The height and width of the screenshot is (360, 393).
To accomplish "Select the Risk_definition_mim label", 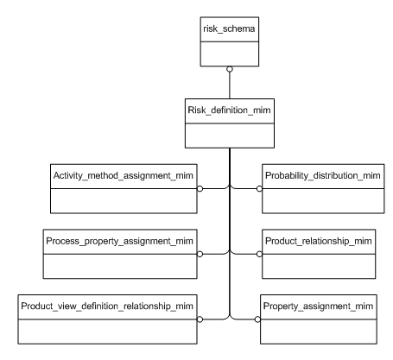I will click(x=229, y=112).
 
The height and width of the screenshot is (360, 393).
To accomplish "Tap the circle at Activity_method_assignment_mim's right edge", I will click(x=200, y=187).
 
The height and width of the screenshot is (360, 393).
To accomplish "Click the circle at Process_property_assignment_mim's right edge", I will click(x=200, y=253).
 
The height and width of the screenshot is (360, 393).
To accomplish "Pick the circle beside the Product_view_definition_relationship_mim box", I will click(x=200, y=319).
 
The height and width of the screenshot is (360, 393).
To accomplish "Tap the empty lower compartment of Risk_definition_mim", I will click(x=229, y=135).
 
